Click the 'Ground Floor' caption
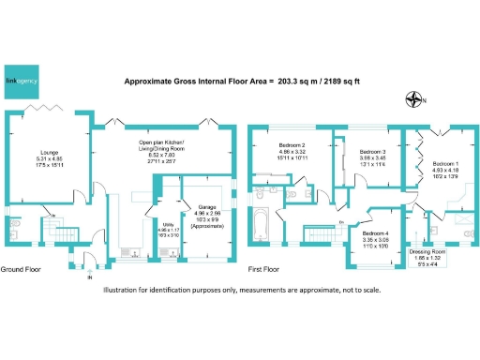pyautogui.click(x=21, y=270)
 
